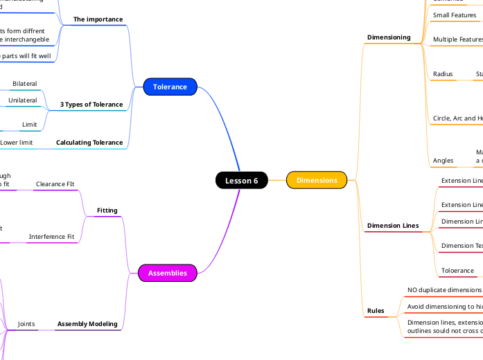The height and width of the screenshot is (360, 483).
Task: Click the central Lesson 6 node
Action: [241, 181]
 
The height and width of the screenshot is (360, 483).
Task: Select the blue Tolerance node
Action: [170, 87]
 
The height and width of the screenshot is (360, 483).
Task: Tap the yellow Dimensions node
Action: [317, 180]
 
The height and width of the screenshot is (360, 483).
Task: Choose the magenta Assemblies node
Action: [168, 273]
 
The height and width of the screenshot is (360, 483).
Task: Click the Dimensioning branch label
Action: [389, 37]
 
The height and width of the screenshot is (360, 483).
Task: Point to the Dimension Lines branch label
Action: [393, 226]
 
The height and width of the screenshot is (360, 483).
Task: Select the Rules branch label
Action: [376, 312]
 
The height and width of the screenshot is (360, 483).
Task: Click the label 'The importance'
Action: [98, 19]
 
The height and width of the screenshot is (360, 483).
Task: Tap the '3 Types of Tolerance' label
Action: [91, 105]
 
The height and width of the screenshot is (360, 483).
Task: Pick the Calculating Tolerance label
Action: [89, 143]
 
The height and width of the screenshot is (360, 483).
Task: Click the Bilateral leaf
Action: [25, 84]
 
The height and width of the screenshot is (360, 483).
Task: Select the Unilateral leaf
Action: [23, 101]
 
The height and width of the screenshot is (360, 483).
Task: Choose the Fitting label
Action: [107, 210]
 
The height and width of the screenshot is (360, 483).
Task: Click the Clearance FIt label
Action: [55, 185]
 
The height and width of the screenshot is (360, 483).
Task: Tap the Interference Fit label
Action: [51, 237]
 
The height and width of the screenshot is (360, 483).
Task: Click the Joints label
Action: [26, 324]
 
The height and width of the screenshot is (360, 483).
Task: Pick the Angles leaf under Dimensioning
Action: [444, 161]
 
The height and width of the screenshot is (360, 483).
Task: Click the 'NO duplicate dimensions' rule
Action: [444, 290]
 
